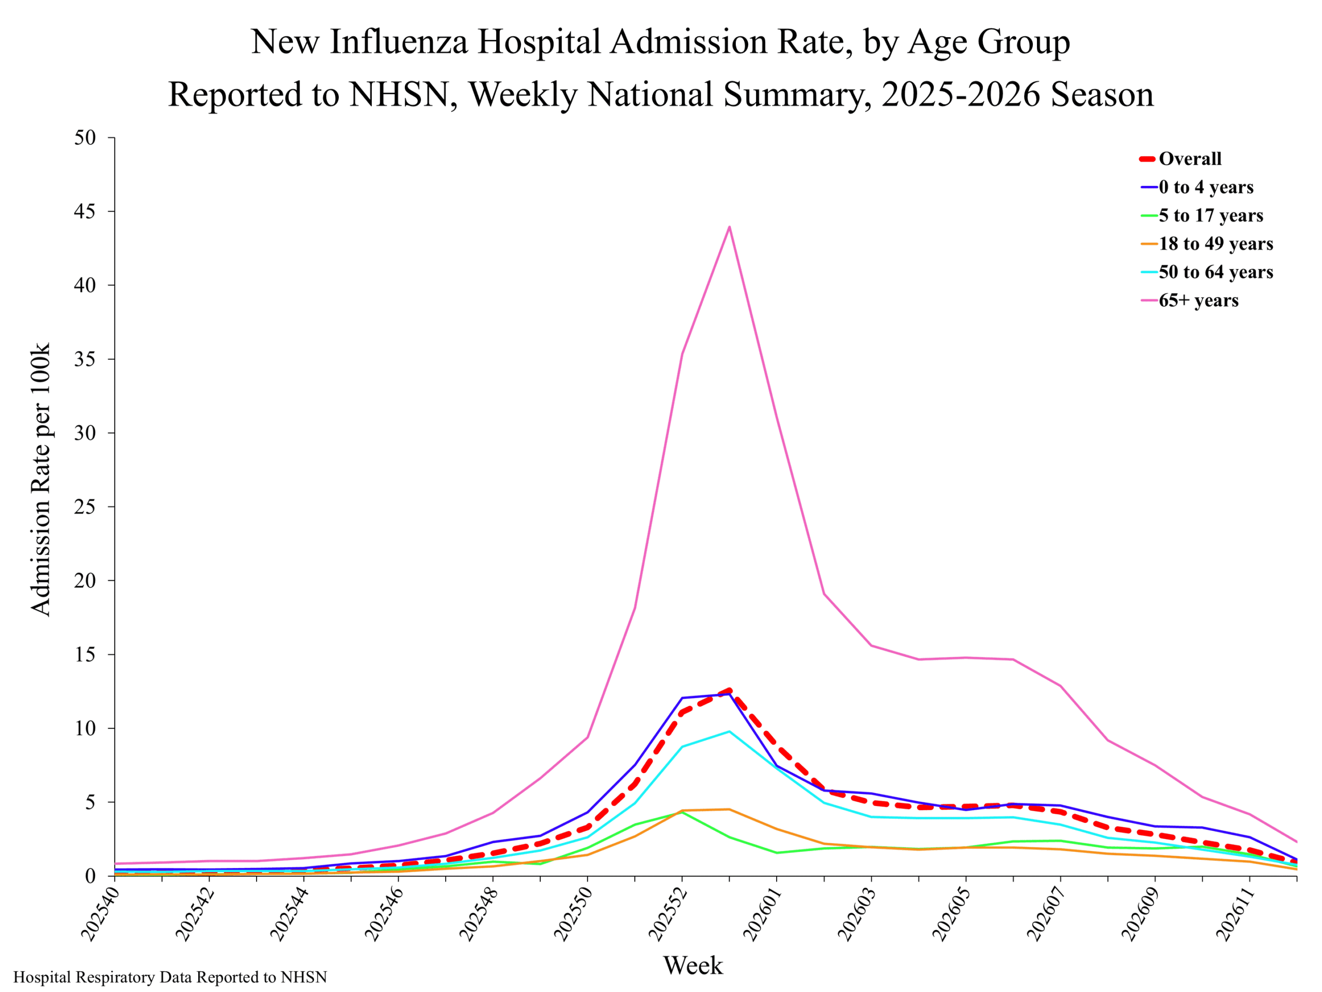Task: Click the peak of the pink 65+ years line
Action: (x=729, y=227)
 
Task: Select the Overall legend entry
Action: (x=1181, y=159)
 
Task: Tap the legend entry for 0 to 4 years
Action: (x=1197, y=187)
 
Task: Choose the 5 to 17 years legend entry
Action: (x=1201, y=215)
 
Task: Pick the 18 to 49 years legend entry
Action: (x=1206, y=244)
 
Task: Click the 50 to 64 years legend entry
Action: (x=1206, y=272)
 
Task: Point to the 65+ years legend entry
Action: (x=1189, y=300)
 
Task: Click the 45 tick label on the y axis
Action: (x=85, y=212)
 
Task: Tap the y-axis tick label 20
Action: (x=85, y=581)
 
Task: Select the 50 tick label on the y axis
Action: (x=85, y=137)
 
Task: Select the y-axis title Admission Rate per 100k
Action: (x=41, y=479)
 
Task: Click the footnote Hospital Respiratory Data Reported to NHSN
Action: (x=170, y=978)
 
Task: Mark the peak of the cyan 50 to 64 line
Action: (x=729, y=731)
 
